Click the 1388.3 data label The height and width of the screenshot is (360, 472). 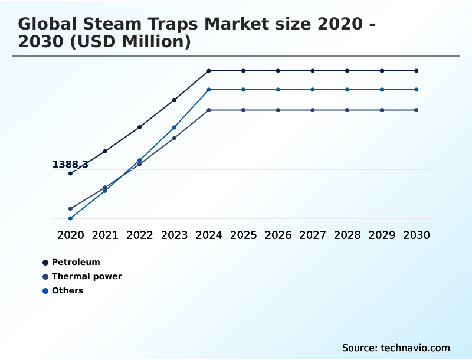click(70, 165)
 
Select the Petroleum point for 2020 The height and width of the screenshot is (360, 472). click(70, 174)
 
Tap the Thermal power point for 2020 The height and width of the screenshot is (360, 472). click(70, 209)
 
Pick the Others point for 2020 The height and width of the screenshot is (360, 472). click(70, 218)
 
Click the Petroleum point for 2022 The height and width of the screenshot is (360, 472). click(140, 127)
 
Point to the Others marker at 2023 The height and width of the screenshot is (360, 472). click(174, 127)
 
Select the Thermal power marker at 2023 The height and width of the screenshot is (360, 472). click(174, 138)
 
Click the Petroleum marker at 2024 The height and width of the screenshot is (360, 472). click(209, 71)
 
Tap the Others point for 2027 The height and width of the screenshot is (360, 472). click(313, 90)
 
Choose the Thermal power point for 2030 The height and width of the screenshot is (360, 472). click(417, 110)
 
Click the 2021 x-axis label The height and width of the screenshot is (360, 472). click(105, 235)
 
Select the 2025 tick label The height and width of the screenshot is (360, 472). click(243, 235)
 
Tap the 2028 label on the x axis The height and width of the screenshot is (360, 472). click(347, 235)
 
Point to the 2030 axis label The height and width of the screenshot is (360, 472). click(417, 235)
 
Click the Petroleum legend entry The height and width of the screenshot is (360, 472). click(76, 262)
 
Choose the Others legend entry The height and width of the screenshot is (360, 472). click(67, 290)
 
